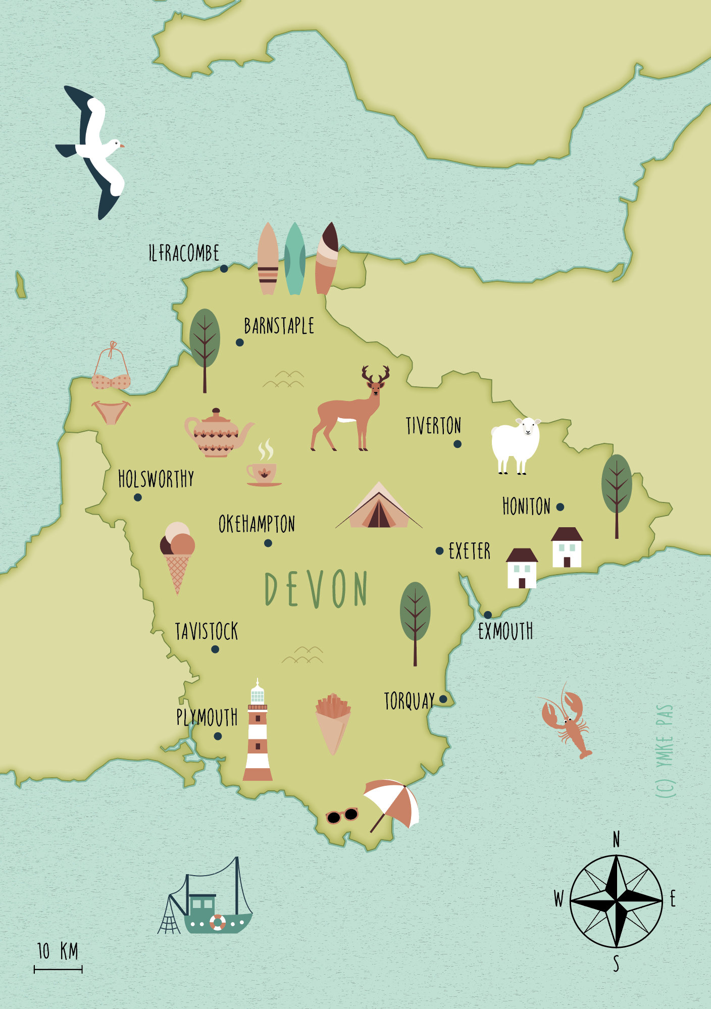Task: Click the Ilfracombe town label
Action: click(184, 253)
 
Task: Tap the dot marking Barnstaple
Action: click(240, 342)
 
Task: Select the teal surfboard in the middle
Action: click(295, 259)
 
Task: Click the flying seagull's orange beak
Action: click(122, 145)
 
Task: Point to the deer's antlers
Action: click(376, 375)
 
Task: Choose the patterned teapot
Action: click(217, 433)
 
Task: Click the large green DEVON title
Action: click(317, 589)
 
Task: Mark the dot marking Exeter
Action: click(440, 551)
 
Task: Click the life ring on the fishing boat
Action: click(218, 922)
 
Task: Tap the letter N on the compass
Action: click(616, 840)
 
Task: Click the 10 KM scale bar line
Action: click(58, 969)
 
